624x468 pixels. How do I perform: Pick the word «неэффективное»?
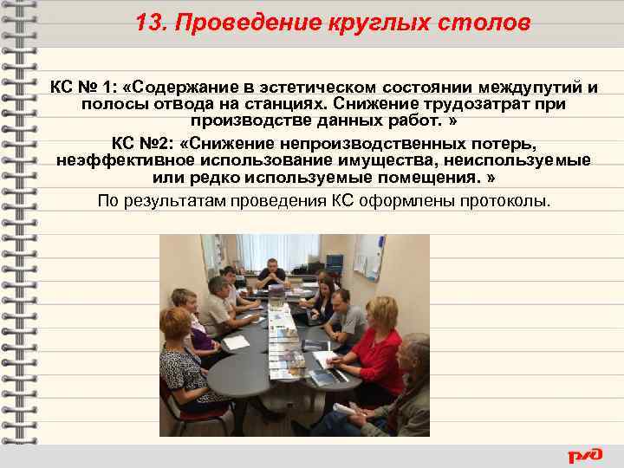[x=121, y=160]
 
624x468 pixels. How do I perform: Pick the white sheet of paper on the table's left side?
[x=235, y=342]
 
